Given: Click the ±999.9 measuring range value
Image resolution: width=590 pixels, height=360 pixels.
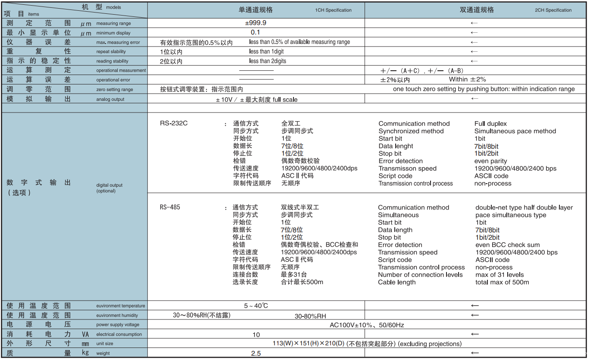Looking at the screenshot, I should [256, 23].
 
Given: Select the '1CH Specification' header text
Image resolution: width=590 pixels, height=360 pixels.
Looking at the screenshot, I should [333, 10].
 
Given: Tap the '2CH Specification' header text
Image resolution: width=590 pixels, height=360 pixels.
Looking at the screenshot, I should [553, 10].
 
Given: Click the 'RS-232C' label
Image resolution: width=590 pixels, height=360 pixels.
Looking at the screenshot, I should [174, 123].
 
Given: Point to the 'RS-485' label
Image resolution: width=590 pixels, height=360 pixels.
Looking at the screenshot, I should [170, 207].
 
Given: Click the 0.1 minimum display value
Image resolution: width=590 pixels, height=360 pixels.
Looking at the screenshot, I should [256, 32].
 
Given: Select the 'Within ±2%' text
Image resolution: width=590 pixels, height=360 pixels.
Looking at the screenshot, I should [467, 79].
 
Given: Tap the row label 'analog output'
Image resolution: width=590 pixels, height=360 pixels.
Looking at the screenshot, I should [110, 99].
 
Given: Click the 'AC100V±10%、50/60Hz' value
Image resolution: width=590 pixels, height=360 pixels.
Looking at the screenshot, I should [367, 325].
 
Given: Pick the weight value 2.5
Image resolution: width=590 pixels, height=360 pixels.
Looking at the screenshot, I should [256, 353].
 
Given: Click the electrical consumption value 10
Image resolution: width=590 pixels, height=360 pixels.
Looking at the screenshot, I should [256, 335].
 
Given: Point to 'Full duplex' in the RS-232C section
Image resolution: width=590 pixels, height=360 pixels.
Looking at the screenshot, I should [490, 124].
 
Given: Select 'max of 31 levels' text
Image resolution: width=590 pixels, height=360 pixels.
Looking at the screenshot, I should [499, 275].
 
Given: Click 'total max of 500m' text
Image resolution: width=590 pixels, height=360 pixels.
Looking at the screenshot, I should [502, 282].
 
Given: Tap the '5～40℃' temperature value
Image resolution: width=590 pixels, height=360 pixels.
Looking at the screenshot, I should [256, 306].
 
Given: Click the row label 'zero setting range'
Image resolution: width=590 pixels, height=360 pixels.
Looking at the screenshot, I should [115, 90].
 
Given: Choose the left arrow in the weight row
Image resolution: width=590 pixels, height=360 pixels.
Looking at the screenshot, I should [474, 353].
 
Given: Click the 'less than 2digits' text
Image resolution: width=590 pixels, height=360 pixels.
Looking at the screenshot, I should [268, 61].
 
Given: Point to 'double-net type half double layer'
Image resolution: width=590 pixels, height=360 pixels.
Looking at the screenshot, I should [524, 208].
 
